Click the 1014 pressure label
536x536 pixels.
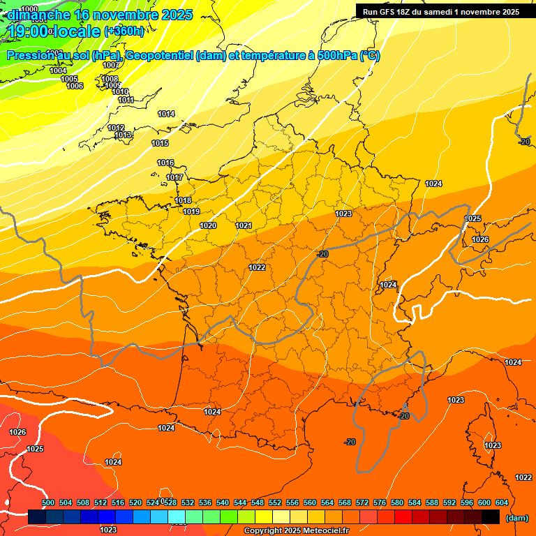pyautogui.click(x=166, y=114)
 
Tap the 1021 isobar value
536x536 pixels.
pyautogui.click(x=244, y=225)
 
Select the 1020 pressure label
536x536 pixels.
pyautogui.click(x=208, y=225)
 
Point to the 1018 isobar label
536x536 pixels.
pyautogui.click(x=183, y=201)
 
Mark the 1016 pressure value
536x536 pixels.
pyautogui.click(x=165, y=163)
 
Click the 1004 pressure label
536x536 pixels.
pyautogui.click(x=59, y=70)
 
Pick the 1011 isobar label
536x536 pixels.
pyautogui.click(x=126, y=100)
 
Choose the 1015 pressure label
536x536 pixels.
pyautogui.click(x=160, y=143)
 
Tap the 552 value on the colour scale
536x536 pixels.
pyautogui.click(x=276, y=502)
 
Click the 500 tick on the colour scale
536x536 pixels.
pyautogui.click(x=48, y=502)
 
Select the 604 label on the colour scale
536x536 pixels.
pyautogui.click(x=502, y=502)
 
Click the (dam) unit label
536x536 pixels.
pyautogui.click(x=516, y=518)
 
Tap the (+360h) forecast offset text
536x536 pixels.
pyautogui.click(x=124, y=31)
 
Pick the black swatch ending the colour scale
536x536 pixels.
pyautogui.click(x=491, y=517)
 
